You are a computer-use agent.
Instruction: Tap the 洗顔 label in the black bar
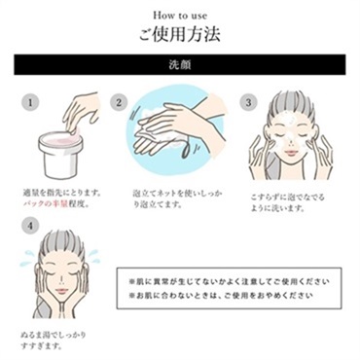[x=180, y=71]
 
